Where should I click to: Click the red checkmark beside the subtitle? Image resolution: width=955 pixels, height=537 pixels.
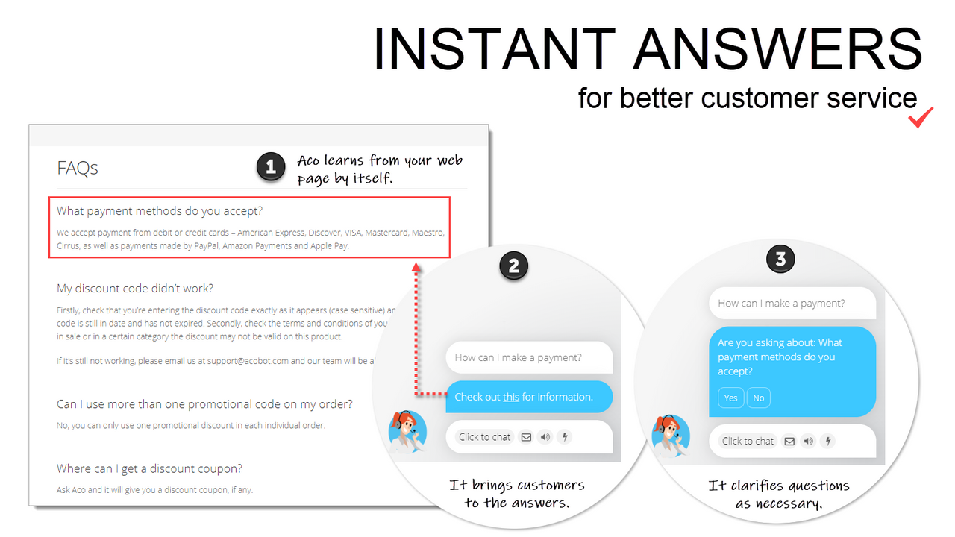[x=921, y=118]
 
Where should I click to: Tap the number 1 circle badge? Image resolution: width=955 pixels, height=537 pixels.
[x=271, y=168]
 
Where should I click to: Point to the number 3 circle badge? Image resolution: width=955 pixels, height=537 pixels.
[x=780, y=260]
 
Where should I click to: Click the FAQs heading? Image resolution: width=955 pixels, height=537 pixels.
[x=78, y=169]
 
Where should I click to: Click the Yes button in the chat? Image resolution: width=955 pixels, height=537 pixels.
[x=730, y=398]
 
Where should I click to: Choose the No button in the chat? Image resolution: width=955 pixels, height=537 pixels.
[x=758, y=398]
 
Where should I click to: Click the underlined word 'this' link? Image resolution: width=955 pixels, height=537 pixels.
[x=511, y=397]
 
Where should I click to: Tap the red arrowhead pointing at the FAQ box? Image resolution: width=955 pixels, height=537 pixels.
[x=416, y=266]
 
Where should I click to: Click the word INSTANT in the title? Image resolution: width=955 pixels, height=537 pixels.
[x=493, y=49]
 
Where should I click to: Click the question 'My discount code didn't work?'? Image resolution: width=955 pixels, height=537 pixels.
[x=135, y=289]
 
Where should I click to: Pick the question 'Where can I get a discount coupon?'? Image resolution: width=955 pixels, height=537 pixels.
[x=149, y=469]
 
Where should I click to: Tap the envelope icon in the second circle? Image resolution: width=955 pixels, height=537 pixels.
[x=526, y=437]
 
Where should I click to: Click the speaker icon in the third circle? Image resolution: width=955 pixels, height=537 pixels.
[x=808, y=441]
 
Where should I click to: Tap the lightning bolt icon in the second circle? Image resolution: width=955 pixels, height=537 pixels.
[x=565, y=437]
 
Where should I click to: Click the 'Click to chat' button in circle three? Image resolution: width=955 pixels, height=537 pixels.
[x=748, y=441]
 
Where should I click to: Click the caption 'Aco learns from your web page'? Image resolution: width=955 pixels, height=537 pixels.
[x=380, y=169]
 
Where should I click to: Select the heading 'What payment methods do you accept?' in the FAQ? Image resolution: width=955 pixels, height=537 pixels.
[x=160, y=211]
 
